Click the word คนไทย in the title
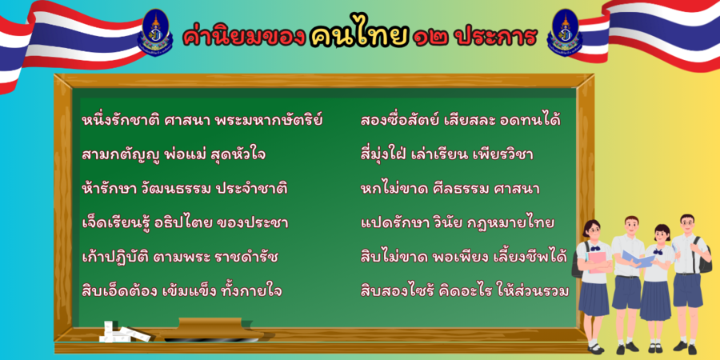tap(358, 36)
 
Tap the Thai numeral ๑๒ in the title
tap(432, 38)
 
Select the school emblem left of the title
tap(155, 32)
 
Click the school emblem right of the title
tap(565, 32)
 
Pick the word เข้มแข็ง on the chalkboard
tap(189, 291)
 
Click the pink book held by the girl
tap(598, 262)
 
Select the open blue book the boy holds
tap(638, 260)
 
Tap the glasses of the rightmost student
tap(686, 223)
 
